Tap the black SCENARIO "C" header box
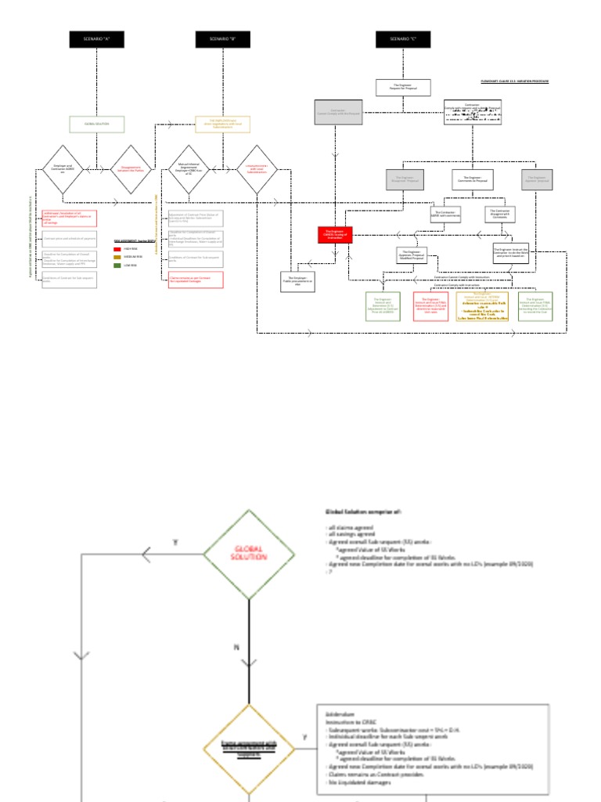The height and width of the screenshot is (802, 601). (x=403, y=39)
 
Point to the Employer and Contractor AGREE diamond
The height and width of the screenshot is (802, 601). (x=63, y=168)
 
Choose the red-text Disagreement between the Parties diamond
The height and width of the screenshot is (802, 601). (x=131, y=168)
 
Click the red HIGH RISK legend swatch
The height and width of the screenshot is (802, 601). (x=117, y=248)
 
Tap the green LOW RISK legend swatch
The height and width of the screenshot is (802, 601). (x=117, y=266)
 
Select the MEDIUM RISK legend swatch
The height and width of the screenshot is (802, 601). (x=117, y=257)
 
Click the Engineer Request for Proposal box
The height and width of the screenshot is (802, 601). (x=403, y=88)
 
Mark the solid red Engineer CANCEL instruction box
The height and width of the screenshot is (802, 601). (x=336, y=234)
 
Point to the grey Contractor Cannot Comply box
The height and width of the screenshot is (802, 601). (x=338, y=112)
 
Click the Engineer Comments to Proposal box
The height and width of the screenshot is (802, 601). (x=471, y=179)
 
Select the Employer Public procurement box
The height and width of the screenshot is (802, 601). (x=297, y=282)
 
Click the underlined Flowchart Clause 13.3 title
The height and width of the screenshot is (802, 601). (x=514, y=81)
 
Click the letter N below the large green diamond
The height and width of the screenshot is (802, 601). (x=236, y=647)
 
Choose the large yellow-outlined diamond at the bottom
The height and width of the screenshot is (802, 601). (x=249, y=749)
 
